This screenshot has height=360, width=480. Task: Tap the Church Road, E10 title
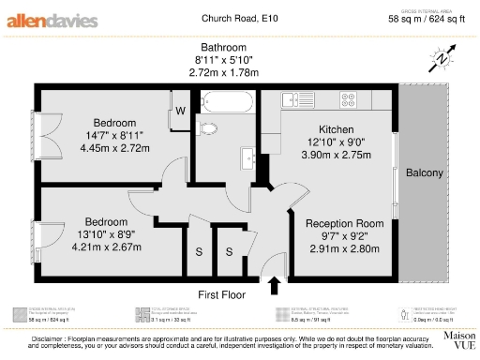tap(240, 18)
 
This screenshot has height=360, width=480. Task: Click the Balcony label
tap(424, 174)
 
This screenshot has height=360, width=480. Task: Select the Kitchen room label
tap(337, 128)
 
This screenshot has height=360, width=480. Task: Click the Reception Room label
tap(345, 223)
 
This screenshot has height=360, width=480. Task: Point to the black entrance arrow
tap(275, 282)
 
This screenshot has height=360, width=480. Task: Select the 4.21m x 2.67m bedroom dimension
tap(106, 247)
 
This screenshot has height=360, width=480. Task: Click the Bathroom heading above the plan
tap(223, 48)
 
